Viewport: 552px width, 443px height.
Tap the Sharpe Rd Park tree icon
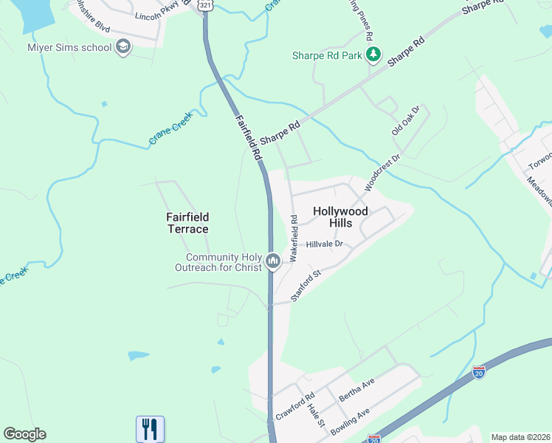coord(374,54)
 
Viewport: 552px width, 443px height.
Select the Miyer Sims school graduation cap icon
coord(123,47)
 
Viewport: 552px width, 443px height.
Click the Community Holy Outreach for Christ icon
coord(273,261)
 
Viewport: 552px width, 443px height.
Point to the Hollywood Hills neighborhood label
coord(339,216)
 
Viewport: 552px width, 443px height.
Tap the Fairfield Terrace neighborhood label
coord(187,223)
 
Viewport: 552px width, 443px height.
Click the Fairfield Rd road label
coord(249,137)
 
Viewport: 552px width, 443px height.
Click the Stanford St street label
coord(307,285)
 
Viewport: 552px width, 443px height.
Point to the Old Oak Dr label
coord(405,120)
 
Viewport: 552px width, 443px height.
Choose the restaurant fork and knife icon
coord(150,428)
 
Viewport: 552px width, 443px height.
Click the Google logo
coord(24,434)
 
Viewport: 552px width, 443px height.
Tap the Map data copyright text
coord(520,437)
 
